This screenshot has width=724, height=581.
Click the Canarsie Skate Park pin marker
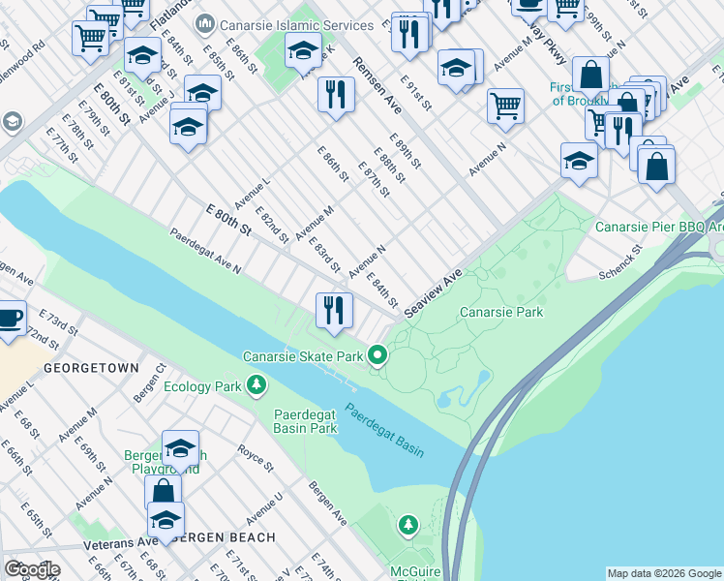point(377,357)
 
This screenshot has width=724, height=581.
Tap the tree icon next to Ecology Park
point(256,386)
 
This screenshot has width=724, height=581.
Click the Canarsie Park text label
point(500,312)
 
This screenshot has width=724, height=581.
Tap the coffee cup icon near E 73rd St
point(10,318)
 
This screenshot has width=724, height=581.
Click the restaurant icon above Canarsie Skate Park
point(334,310)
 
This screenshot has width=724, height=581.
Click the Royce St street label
point(257,458)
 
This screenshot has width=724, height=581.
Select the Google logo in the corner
point(32,569)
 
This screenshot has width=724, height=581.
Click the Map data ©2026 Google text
point(664,573)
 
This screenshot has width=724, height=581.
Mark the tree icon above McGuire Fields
point(408,525)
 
